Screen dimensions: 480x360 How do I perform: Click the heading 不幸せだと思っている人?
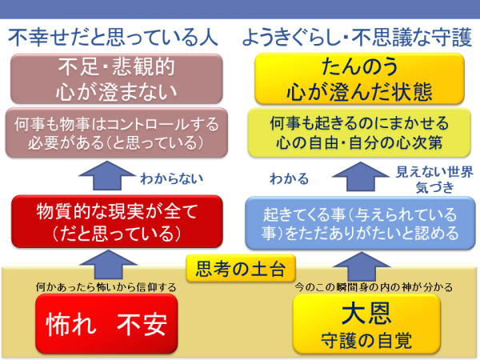113,38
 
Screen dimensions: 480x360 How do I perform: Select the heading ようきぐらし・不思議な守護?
357,38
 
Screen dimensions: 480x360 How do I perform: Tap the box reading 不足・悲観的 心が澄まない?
116,79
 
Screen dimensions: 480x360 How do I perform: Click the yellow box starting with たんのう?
360,78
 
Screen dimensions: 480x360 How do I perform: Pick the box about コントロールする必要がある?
116,133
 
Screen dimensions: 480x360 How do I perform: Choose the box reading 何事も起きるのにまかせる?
359,133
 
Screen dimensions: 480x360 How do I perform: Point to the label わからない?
172,178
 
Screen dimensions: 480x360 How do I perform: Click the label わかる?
290,178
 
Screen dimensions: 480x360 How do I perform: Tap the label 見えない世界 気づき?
434,179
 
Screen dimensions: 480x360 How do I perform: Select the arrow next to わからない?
107,176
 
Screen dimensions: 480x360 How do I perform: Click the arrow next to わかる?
361,177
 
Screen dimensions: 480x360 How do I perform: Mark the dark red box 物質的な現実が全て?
117,222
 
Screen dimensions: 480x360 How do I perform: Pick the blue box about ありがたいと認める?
360,223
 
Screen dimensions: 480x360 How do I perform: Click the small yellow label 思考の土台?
241,269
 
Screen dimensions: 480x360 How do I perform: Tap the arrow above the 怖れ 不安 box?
108,265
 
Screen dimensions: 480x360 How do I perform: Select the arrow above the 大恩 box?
362,266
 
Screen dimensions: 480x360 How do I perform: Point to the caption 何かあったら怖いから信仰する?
106,287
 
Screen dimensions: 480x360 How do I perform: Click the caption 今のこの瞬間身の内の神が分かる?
374,287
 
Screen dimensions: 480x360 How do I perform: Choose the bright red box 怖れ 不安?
106,324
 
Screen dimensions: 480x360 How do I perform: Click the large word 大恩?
366,314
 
